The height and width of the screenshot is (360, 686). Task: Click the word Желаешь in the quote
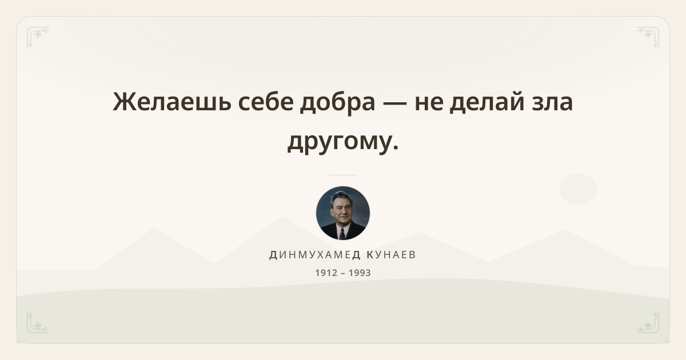[x=172, y=102]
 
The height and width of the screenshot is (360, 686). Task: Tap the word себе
[x=266, y=101]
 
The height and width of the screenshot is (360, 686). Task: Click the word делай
[x=486, y=102]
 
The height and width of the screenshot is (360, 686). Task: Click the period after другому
[x=396, y=147]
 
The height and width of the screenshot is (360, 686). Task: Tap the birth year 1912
[x=326, y=273]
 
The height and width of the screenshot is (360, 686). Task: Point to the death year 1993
[x=360, y=273]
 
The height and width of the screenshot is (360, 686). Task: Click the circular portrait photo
[x=343, y=213]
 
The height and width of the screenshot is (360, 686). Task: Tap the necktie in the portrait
[x=342, y=234]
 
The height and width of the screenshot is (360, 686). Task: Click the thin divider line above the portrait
[x=343, y=175]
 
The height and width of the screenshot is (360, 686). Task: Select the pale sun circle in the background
[x=578, y=189]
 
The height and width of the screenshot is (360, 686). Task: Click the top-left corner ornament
[x=38, y=38]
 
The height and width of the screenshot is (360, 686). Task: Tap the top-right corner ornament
[x=648, y=38]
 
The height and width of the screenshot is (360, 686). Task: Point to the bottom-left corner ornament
[x=38, y=322]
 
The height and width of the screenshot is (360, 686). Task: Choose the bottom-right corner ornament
[x=648, y=322]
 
